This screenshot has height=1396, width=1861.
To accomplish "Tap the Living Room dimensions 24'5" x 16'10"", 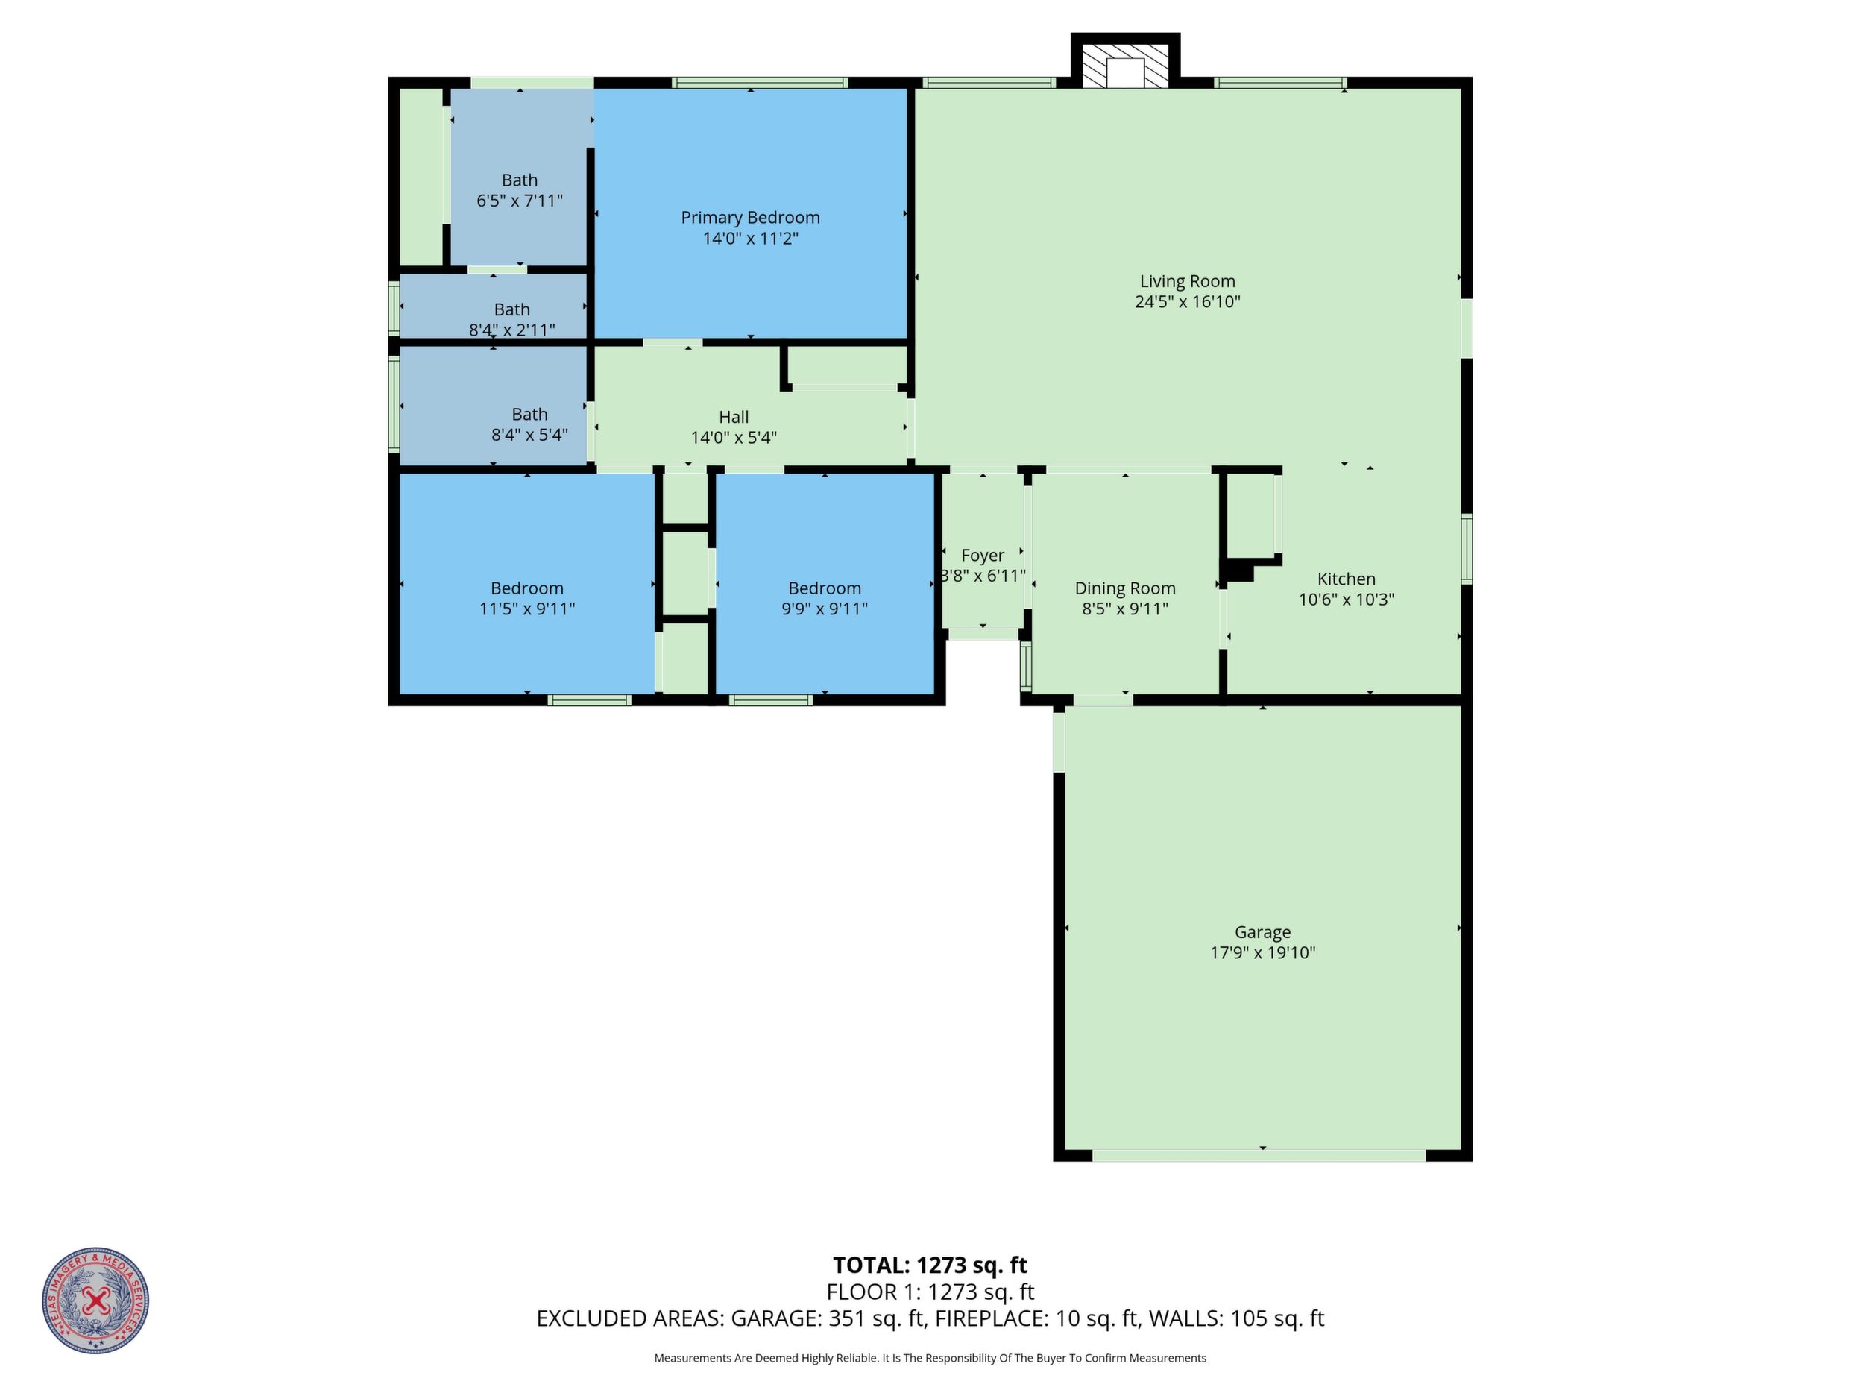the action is [1187, 301].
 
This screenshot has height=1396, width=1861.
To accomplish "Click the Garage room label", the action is [1262, 931].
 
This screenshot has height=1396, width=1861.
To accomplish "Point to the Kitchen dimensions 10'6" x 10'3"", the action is [1346, 599].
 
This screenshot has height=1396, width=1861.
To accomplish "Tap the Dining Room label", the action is [1125, 588].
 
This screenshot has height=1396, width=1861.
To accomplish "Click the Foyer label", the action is [982, 556].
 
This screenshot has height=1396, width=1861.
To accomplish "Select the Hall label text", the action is [734, 417].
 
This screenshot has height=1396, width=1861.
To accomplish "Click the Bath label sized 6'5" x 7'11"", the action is [519, 180].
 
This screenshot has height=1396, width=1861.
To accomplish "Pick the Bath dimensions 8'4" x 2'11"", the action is [511, 330].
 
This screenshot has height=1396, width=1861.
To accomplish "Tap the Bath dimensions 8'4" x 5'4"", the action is [529, 434].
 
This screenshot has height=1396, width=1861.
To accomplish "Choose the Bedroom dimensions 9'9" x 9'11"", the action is [824, 609].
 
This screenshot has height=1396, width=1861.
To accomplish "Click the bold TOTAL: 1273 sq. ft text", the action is [930, 1265].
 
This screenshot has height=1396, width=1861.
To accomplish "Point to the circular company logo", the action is [96, 1300].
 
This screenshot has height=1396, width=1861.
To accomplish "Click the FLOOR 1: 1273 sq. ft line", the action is [930, 1292].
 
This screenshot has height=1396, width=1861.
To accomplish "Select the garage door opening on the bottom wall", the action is [1259, 1155].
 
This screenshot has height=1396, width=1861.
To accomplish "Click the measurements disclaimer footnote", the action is [930, 1358].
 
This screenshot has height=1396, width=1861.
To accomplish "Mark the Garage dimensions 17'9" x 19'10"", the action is [1262, 952].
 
